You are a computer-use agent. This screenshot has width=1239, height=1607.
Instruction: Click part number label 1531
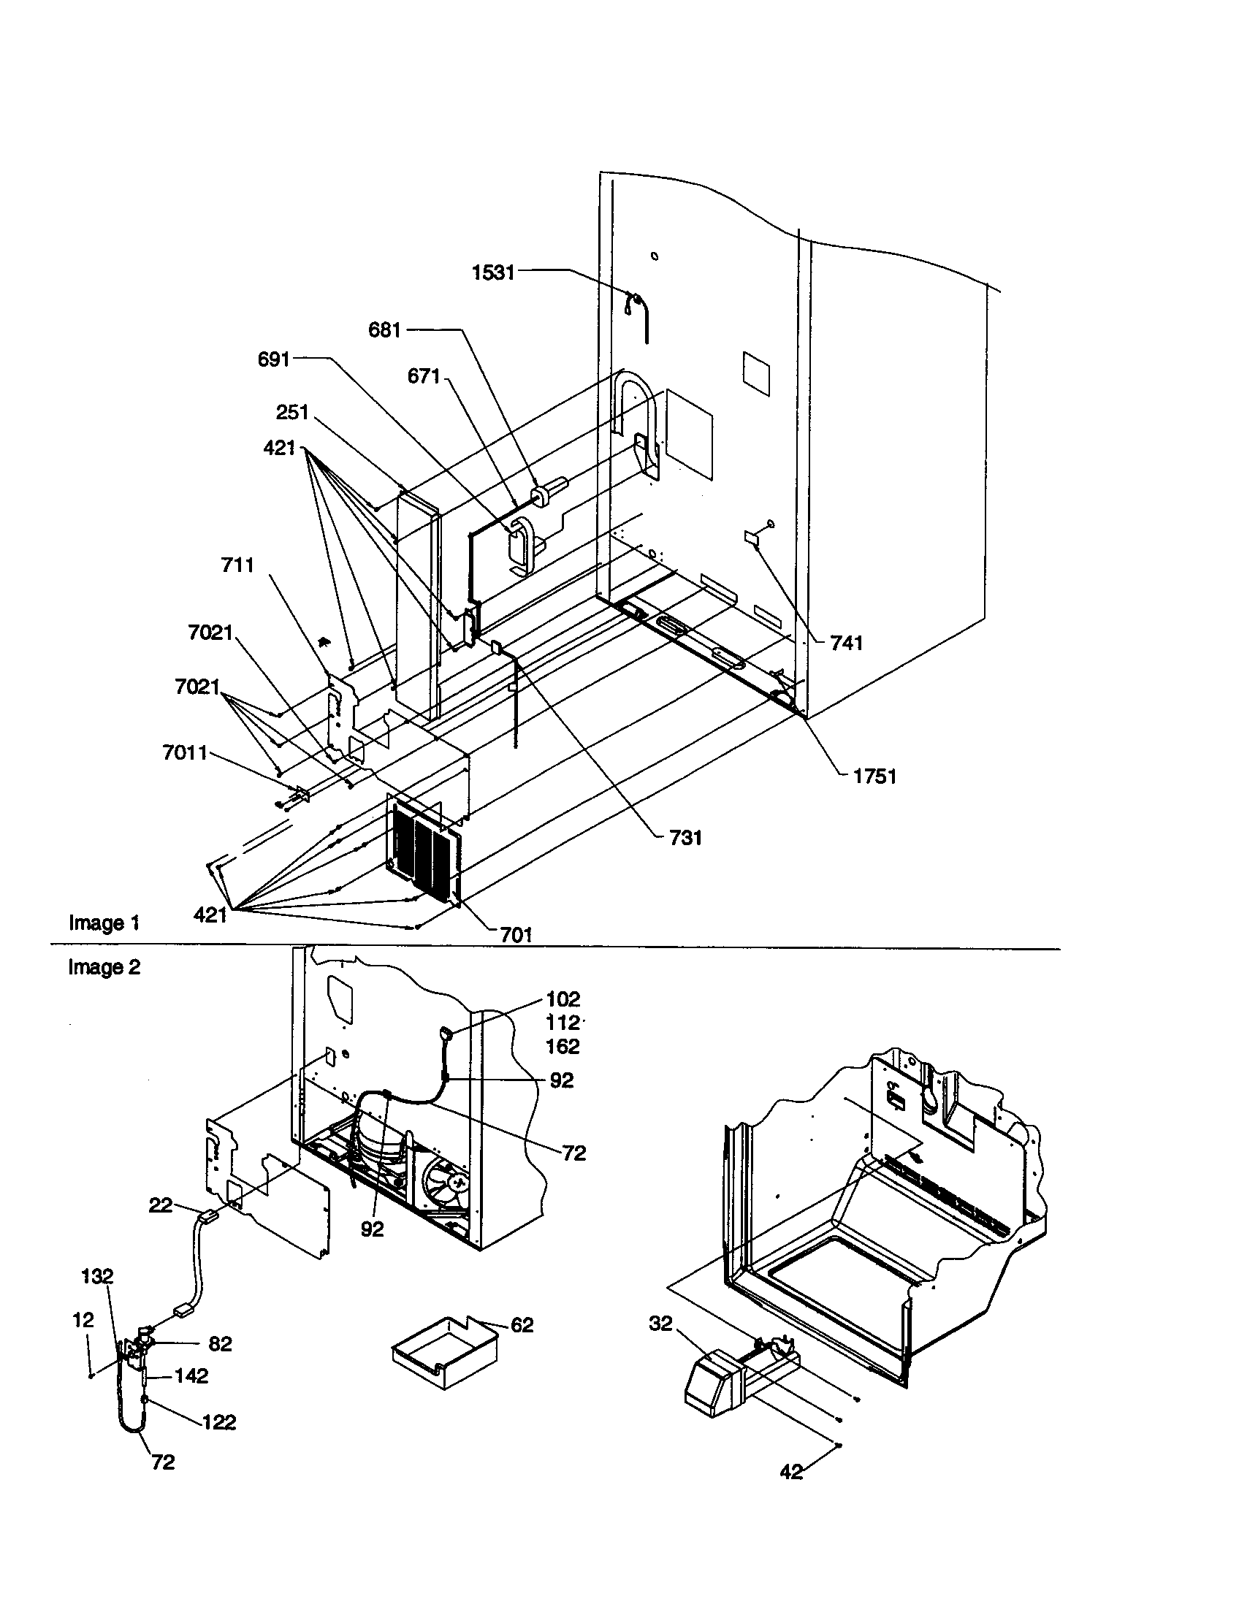[x=492, y=273]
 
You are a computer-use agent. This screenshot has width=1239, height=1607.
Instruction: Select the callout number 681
[x=384, y=330]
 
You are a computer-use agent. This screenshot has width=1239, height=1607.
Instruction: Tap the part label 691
[x=273, y=360]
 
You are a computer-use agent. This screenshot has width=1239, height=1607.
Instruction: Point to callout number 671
[x=423, y=377]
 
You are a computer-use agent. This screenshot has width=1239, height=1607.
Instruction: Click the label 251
[x=292, y=412]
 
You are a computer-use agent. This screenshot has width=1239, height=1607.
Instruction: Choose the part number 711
[x=237, y=565]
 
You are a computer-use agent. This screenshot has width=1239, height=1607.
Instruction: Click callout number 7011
[x=185, y=752]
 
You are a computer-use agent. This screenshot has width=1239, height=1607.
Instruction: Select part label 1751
[x=874, y=776]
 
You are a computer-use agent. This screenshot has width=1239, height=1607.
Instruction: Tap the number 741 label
[x=846, y=643]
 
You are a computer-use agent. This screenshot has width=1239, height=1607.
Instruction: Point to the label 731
[x=685, y=838]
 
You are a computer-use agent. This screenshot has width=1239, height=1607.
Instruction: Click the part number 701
[x=516, y=935]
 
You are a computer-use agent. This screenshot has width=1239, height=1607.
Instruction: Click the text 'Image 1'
[x=104, y=923]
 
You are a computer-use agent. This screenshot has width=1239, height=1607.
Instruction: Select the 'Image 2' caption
[x=104, y=967]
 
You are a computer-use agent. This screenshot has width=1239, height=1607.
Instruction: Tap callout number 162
[x=563, y=1046]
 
